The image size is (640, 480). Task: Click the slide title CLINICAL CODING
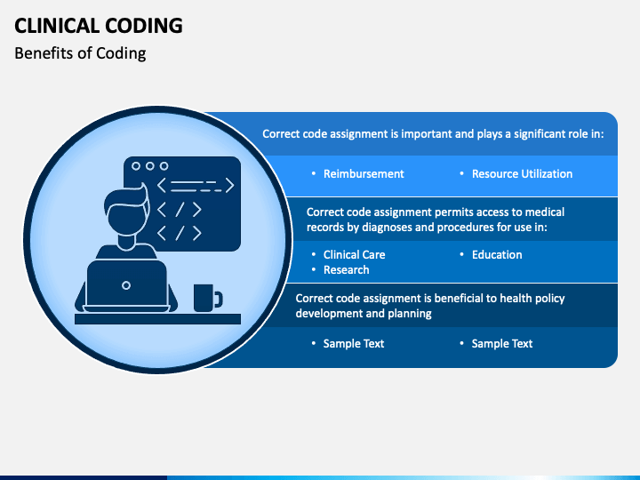pos(99,26)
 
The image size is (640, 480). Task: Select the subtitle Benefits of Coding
pos(80,53)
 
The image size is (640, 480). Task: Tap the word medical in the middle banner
pos(545,212)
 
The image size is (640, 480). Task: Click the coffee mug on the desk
pos(208,298)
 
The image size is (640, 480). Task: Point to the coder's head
pos(126,212)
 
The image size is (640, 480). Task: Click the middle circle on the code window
pos(150,166)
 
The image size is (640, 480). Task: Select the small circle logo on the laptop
pos(126,285)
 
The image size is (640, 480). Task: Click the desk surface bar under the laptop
pos(157,319)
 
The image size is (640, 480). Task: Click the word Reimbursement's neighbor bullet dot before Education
pos(461,254)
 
